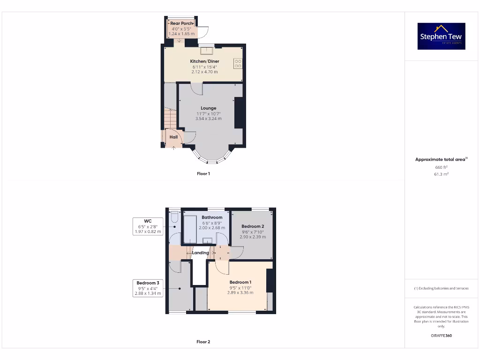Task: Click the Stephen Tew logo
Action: pyautogui.click(x=441, y=36)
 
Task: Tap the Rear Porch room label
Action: pyautogui.click(x=181, y=23)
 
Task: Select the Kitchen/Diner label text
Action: pyautogui.click(x=204, y=61)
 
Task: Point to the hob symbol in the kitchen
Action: pyautogui.click(x=238, y=63)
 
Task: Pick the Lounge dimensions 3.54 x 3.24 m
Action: pyautogui.click(x=209, y=119)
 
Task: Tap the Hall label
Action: pyautogui.click(x=173, y=137)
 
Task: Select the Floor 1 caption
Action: pyautogui.click(x=203, y=173)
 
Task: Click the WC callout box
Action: pyautogui.click(x=148, y=226)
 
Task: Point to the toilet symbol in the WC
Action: pyautogui.click(x=174, y=217)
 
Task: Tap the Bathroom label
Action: pyautogui.click(x=212, y=217)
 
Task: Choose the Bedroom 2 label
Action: pyautogui.click(x=253, y=226)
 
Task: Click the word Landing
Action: pyautogui.click(x=201, y=253)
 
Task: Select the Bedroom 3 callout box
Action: pyautogui.click(x=148, y=288)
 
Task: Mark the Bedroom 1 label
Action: pyautogui.click(x=240, y=282)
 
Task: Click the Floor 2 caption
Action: pyautogui.click(x=203, y=342)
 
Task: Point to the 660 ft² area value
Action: pyautogui.click(x=441, y=167)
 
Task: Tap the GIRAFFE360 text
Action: pyautogui.click(x=441, y=335)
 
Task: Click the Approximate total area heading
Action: pyautogui.click(x=441, y=159)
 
